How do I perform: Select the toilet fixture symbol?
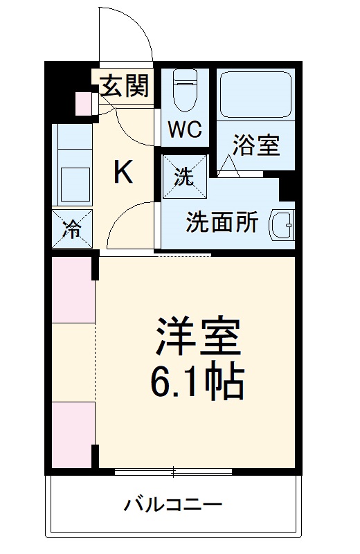(185, 91)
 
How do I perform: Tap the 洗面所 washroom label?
(222, 224)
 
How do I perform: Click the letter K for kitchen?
(123, 172)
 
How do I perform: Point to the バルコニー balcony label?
(173, 504)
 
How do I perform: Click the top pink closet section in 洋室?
(72, 289)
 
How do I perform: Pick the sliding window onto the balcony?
(173, 472)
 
